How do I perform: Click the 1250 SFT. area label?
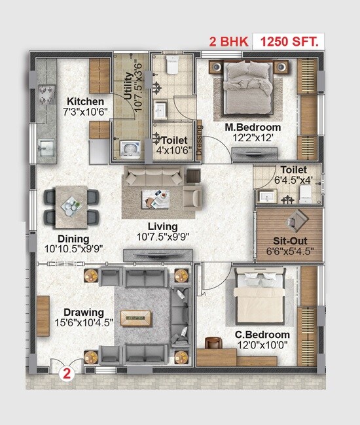[x=289, y=42]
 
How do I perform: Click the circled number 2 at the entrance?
[x=66, y=375]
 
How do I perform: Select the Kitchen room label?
[x=85, y=101]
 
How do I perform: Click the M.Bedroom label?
[x=253, y=127]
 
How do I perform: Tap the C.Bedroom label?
[x=262, y=335]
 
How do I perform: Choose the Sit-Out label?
[x=288, y=239]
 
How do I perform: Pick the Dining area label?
[x=73, y=239]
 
